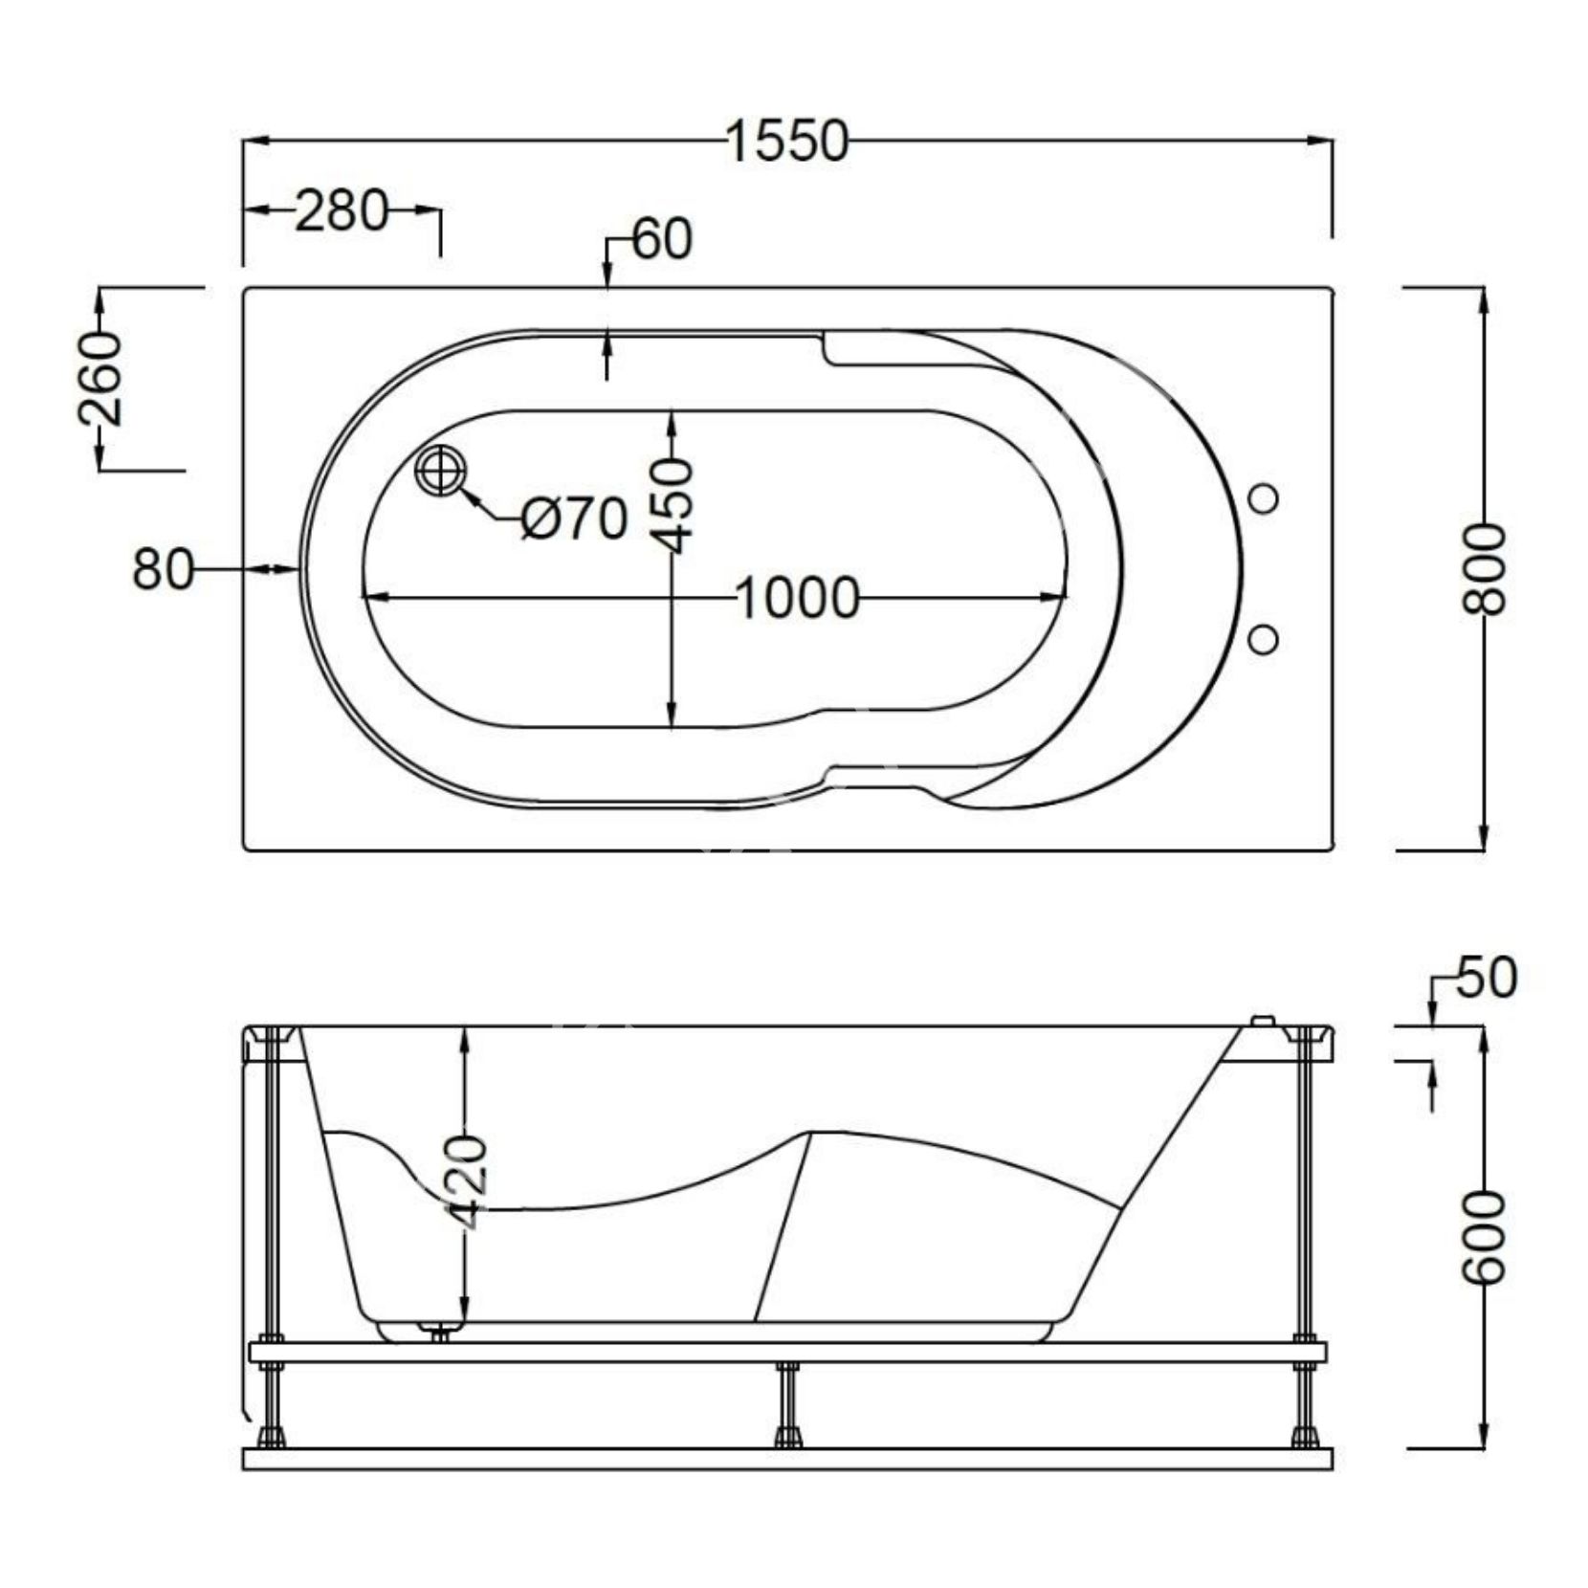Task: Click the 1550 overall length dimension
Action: click(786, 142)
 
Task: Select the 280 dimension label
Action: click(342, 211)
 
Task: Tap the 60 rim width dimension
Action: click(661, 238)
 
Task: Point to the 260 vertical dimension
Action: click(101, 378)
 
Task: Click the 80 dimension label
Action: click(163, 569)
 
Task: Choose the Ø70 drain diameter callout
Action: click(574, 519)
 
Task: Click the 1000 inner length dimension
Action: click(798, 600)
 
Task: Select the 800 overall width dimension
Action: click(1485, 568)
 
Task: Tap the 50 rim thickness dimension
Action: click(1487, 977)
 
